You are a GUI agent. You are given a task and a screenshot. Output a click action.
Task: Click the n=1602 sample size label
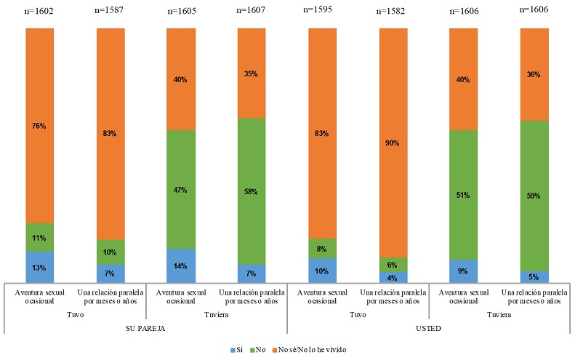pyautogui.click(x=39, y=11)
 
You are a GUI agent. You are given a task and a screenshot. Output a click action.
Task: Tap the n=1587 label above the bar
pyautogui.click(x=110, y=11)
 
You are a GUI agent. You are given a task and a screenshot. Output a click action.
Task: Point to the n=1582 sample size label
pyautogui.click(x=393, y=11)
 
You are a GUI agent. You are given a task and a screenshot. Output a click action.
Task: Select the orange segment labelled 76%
pyautogui.click(x=39, y=125)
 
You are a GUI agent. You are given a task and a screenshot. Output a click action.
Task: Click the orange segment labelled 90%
pyautogui.click(x=393, y=143)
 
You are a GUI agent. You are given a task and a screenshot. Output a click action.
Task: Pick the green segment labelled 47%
pyautogui.click(x=180, y=189)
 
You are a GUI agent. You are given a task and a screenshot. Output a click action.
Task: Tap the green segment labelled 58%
pyautogui.click(x=251, y=191)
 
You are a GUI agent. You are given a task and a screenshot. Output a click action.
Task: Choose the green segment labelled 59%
pyautogui.click(x=534, y=196)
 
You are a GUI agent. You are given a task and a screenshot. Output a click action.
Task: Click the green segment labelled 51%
pyautogui.click(x=463, y=195)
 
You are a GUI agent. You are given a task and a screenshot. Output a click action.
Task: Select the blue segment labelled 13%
pyautogui.click(x=39, y=267)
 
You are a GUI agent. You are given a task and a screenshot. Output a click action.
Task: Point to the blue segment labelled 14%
pyautogui.click(x=180, y=265)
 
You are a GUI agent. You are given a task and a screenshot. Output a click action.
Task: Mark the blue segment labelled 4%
pyautogui.click(x=393, y=277)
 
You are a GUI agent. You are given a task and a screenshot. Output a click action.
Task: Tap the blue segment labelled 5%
pyautogui.click(x=534, y=276)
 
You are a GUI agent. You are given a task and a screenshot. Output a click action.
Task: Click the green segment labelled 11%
pyautogui.click(x=39, y=237)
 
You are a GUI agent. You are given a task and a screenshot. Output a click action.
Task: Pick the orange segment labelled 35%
pyautogui.click(x=251, y=73)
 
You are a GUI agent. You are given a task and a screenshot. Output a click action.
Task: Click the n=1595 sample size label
pyautogui.click(x=322, y=11)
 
